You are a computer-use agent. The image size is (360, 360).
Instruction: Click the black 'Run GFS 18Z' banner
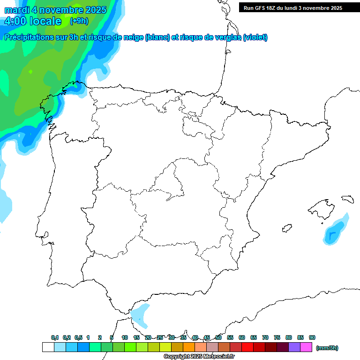point(292,7)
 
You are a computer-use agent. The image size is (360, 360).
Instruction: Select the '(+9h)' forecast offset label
point(79,21)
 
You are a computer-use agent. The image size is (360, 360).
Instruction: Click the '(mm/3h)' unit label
point(327,348)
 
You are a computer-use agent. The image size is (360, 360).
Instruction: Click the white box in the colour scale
point(48,347)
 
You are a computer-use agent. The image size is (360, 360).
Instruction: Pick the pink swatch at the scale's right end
point(306,347)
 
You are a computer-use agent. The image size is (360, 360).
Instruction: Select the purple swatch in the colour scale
point(294,347)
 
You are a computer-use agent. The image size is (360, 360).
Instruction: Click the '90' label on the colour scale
point(312,337)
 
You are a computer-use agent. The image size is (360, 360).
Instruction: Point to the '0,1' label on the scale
point(55,337)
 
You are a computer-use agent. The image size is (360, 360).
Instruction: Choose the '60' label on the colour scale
point(242,337)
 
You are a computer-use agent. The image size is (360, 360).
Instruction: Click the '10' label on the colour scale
point(125,337)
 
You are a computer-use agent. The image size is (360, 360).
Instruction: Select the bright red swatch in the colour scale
point(247,347)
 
